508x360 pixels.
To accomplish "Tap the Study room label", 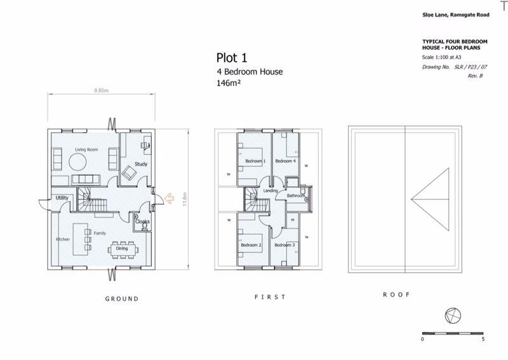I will point(141,164).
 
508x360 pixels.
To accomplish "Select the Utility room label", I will point(62,198).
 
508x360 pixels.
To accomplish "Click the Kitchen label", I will point(62,239).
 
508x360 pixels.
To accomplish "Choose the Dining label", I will point(121,249).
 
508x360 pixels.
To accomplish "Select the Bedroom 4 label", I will point(285,161).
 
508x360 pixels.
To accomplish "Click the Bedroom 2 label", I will point(251,245).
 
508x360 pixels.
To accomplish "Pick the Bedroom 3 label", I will point(284,245).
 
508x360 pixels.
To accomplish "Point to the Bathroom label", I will point(296,196).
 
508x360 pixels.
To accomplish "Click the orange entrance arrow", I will point(169,199).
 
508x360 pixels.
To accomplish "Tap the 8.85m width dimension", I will point(102,91).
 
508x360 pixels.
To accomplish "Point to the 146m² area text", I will point(231,83).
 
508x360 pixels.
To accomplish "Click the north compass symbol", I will point(453,315).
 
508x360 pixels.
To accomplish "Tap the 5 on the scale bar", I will point(483,340).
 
